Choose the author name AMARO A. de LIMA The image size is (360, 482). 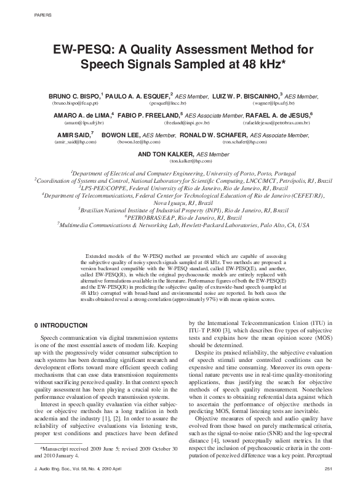coord(81,115)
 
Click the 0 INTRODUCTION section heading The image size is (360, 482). coord(58,326)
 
